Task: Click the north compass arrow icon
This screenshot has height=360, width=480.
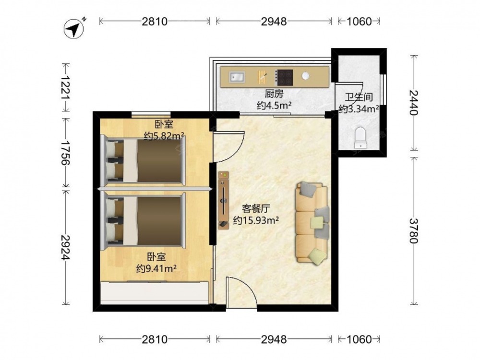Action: (74, 28)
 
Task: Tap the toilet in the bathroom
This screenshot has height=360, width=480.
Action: (360, 138)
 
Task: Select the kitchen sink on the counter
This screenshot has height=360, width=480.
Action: (237, 77)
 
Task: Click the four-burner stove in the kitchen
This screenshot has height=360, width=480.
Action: (284, 77)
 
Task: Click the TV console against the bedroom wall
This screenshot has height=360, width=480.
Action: (224, 200)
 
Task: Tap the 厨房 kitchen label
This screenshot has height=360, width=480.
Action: (274, 93)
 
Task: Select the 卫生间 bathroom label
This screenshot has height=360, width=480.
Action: (359, 97)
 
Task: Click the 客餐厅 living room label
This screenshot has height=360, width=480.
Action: (256, 209)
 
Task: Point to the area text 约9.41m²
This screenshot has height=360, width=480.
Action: (156, 268)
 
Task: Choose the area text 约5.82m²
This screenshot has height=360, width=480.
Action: (164, 135)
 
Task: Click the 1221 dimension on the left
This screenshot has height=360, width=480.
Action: (65, 87)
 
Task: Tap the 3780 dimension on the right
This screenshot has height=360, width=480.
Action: (414, 230)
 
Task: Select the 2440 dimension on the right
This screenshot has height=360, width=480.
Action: (414, 102)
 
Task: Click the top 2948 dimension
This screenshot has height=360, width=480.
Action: (274, 22)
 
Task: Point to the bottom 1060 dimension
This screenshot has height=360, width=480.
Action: (359, 339)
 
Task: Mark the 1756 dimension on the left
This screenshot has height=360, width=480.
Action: (65, 153)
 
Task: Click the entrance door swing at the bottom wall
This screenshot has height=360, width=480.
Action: (241, 292)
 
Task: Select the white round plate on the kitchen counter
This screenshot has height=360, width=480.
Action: (305, 76)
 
